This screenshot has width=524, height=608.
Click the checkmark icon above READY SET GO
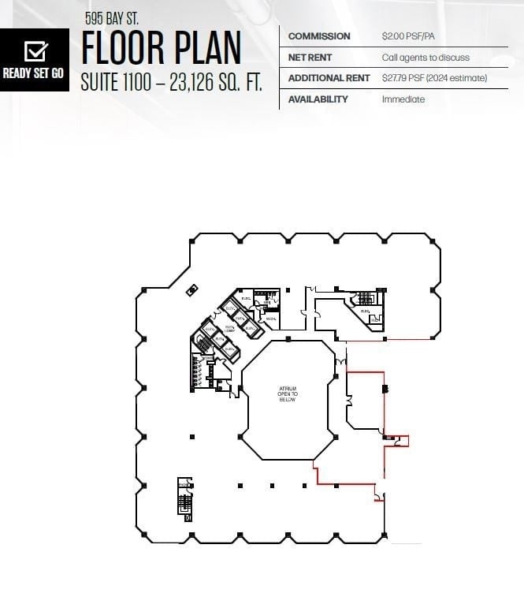pos(35,51)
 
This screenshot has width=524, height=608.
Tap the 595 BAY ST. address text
pos(111,17)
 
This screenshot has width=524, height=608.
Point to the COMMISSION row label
pos(318,36)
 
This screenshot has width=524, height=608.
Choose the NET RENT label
pos(310,58)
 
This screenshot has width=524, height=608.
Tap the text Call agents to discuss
pos(426,58)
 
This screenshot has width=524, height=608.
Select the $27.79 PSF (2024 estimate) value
pos(434,78)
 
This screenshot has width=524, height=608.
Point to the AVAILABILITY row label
pos(318,99)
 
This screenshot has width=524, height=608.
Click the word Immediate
pos(403,99)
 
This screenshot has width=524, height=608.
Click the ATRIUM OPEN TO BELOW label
pos(287,394)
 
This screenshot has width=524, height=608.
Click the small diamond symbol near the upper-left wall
pos(191,290)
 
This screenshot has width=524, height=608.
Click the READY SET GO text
pos(33,73)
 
